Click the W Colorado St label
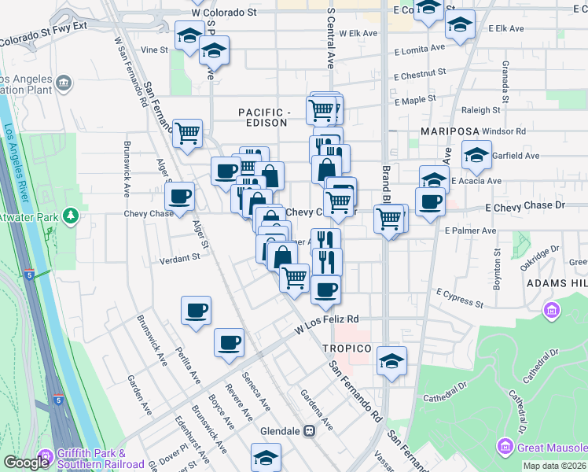click(224, 13)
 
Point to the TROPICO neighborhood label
click(346, 348)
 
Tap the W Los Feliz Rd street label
click(326, 319)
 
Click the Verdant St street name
click(180, 258)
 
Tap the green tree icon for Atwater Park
click(72, 214)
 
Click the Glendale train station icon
click(311, 431)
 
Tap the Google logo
click(26, 463)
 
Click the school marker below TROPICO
click(391, 361)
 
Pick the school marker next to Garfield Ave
click(476, 155)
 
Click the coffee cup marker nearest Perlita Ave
click(196, 310)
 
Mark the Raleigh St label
click(480, 111)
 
